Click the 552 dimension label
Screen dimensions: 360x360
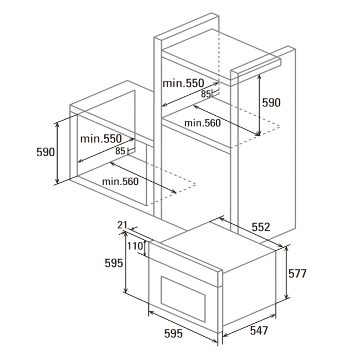pos(261,227)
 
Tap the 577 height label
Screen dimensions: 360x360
pos(297,274)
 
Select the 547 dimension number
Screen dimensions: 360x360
pos(259,331)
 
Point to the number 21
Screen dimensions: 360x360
pos(122,225)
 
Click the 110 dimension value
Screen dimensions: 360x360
pos(135,246)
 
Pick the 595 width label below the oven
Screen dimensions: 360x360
pos(173,333)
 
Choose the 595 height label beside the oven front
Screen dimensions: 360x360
pos(114,263)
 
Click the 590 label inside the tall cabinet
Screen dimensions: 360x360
pos(271,102)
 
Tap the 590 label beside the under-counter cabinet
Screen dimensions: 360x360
pos(45,152)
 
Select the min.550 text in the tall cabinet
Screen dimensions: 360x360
pos(183,83)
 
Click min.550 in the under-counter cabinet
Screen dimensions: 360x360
pos(101,138)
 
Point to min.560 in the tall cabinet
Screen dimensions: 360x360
pos(203,124)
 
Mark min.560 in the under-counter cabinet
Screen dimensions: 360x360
pos(120,182)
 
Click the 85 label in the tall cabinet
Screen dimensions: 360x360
pos(205,94)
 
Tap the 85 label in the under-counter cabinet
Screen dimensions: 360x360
pos(120,151)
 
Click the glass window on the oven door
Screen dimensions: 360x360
pos(183,299)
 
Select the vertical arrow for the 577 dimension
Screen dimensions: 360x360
pos(286,272)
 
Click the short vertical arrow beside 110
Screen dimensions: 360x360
pos(145,248)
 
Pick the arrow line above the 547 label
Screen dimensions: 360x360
pos(249,326)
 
